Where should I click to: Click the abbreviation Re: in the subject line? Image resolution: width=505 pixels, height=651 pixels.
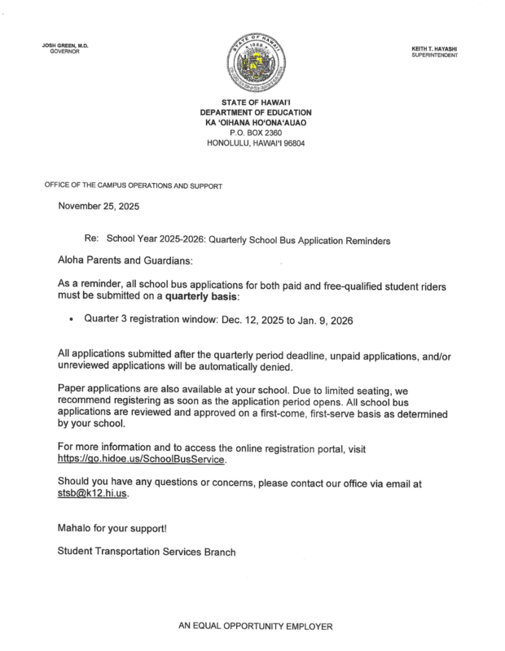tap(91, 241)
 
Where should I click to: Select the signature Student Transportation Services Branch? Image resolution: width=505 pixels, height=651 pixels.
tap(147, 552)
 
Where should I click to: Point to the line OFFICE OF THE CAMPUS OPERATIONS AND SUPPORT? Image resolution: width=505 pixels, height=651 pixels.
tap(133, 186)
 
